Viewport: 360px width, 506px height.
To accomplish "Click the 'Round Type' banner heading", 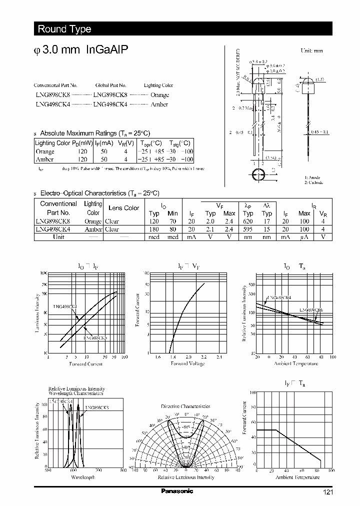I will (64, 29).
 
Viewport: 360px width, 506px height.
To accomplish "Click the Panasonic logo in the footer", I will (176, 491).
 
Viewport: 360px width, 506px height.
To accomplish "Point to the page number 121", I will (327, 492).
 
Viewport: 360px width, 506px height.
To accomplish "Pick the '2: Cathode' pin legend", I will (314, 183).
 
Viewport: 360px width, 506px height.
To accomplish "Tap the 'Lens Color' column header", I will (123, 208).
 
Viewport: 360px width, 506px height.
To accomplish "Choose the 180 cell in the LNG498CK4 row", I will (154, 229).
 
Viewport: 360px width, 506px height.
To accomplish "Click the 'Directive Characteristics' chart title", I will (185, 406).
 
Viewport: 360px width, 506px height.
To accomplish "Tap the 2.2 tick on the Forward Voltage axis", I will (203, 357).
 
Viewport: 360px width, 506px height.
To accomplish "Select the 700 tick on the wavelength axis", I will (98, 470).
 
